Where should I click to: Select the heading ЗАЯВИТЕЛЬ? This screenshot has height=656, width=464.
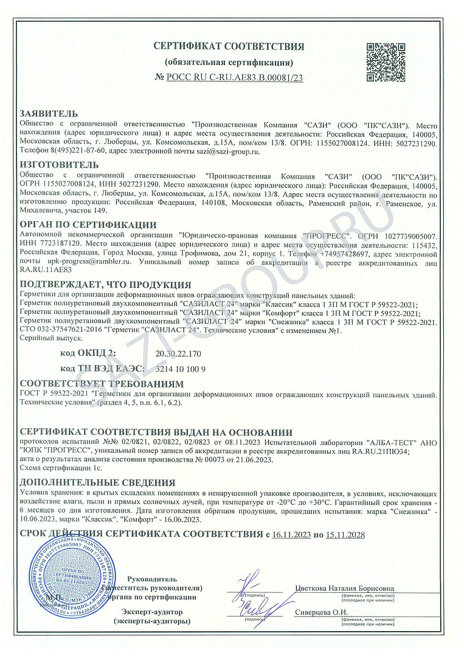tap(49, 114)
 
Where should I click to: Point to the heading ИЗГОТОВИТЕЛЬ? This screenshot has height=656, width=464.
tap(59, 165)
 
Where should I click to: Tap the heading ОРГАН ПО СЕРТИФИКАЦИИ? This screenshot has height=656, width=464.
tap(88, 225)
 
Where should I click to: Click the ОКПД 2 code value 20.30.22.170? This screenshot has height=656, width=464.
tap(178, 353)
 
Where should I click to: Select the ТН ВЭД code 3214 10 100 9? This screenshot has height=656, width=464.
tap(181, 369)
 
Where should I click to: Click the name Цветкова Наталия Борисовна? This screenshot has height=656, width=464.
tap(344, 589)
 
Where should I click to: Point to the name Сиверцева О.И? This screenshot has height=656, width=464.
tap(321, 612)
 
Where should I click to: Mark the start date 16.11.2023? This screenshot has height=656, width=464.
tap(291, 535)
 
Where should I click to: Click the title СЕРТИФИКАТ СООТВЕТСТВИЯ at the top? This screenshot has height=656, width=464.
tap(229, 47)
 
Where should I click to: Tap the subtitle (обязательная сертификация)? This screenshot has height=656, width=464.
tap(229, 63)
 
